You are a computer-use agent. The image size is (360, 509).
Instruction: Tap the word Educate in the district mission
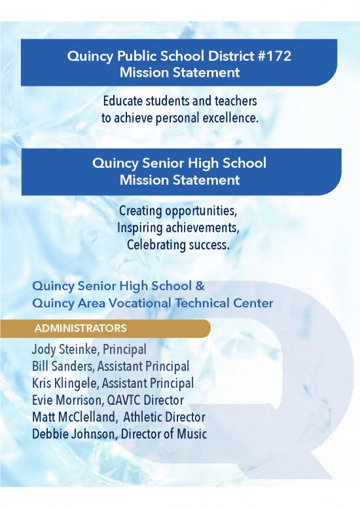click(x=122, y=102)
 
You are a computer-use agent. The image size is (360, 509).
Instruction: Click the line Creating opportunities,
click(x=178, y=212)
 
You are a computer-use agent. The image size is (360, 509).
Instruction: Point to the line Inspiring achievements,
click(x=178, y=228)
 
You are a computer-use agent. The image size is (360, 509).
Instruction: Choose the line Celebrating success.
click(x=178, y=244)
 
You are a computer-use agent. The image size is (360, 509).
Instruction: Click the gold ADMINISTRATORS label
click(x=81, y=328)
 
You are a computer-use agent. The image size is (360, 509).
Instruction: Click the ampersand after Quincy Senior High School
click(x=200, y=286)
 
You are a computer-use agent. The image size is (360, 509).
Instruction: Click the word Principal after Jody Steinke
click(x=124, y=349)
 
